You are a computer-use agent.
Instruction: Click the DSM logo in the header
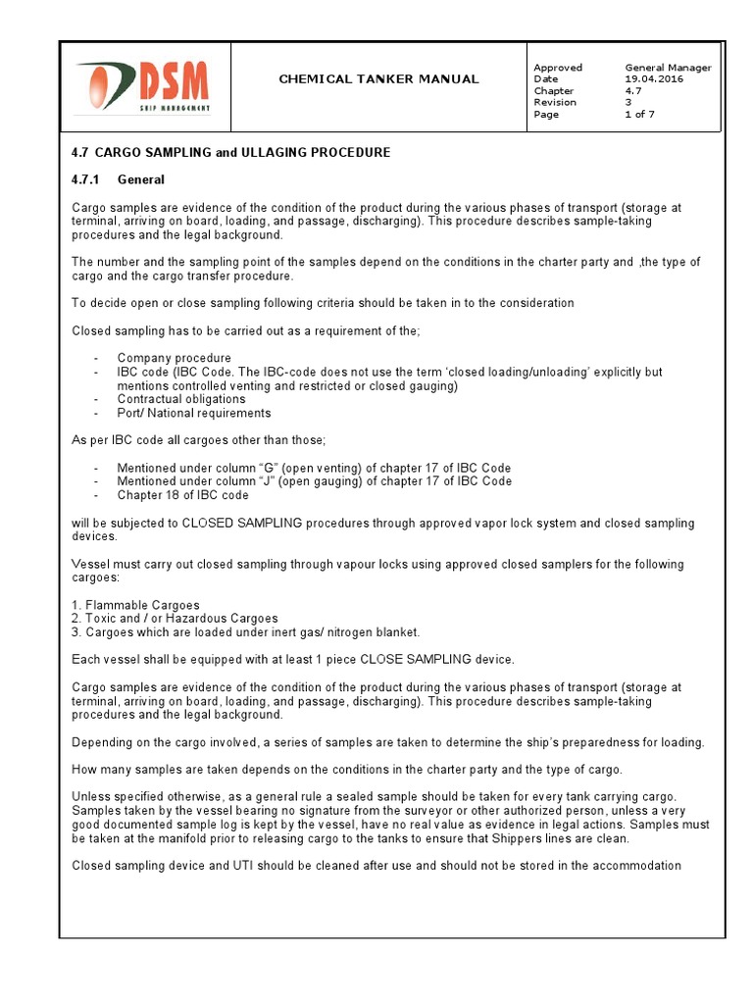pyautogui.click(x=143, y=86)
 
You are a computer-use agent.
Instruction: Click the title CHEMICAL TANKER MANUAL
pyautogui.click(x=379, y=78)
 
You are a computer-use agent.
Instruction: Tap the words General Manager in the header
pyautogui.click(x=668, y=67)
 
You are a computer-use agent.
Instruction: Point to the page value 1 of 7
pyautogui.click(x=639, y=114)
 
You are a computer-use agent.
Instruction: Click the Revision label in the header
pyautogui.click(x=555, y=102)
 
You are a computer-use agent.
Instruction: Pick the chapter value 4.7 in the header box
pyautogui.click(x=633, y=90)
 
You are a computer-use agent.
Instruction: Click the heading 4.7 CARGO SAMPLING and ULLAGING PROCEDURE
pyautogui.click(x=231, y=152)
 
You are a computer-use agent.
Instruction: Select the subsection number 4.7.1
pyautogui.click(x=87, y=179)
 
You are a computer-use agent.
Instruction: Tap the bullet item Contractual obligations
pyautogui.click(x=181, y=399)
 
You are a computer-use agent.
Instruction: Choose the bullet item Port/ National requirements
pyautogui.click(x=193, y=413)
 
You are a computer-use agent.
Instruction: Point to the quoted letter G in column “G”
pyautogui.click(x=262, y=468)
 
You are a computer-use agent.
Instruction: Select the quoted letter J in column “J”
pyautogui.click(x=261, y=481)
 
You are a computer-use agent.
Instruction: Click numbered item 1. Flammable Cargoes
pyautogui.click(x=135, y=605)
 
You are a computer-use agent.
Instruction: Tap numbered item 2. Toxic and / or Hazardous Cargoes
pyautogui.click(x=175, y=619)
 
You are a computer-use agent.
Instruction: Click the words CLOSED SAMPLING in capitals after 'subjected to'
pyautogui.click(x=243, y=523)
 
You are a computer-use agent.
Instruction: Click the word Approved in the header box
pyautogui.click(x=557, y=67)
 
